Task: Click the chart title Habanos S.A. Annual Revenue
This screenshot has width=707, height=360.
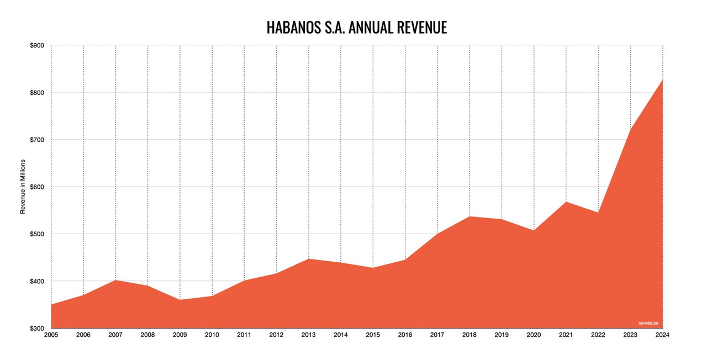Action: [x=356, y=27]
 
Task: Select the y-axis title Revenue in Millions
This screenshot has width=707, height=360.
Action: [x=23, y=187]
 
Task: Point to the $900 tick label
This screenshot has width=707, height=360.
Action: [x=37, y=45]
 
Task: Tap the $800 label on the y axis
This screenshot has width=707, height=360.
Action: [x=37, y=93]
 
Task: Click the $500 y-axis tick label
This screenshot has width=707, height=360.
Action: [x=37, y=234]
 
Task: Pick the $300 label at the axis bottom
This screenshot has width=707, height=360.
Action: [x=37, y=329]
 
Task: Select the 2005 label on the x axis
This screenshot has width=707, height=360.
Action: [x=51, y=335]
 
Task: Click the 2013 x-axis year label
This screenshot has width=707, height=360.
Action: [x=309, y=335]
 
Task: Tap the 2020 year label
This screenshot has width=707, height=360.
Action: [x=534, y=335]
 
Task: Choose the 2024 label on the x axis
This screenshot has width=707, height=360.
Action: [x=662, y=335]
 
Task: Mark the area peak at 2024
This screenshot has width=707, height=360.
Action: [x=662, y=81]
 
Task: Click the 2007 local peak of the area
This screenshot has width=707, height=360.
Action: [x=115, y=280]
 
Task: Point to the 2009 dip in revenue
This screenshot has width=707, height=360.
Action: [x=180, y=300]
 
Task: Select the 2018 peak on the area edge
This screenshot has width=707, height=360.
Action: [x=469, y=216]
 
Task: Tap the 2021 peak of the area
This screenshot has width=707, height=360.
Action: [x=566, y=202]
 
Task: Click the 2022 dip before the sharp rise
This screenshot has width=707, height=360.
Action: [x=598, y=213]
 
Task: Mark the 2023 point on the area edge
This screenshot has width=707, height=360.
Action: [x=630, y=130]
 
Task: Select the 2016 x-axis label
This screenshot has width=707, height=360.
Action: [x=405, y=335]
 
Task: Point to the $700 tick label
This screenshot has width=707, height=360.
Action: [x=37, y=140]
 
